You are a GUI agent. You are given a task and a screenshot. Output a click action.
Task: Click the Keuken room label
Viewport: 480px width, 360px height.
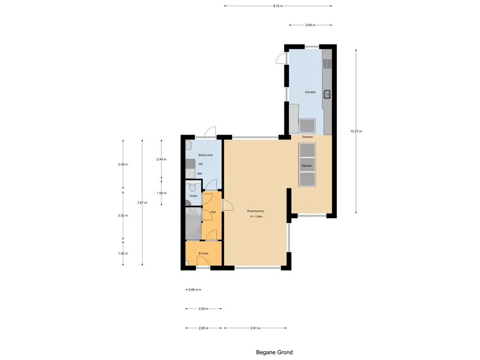(x=310, y=92)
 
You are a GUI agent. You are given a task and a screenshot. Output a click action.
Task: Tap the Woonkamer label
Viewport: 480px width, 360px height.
(x=255, y=211)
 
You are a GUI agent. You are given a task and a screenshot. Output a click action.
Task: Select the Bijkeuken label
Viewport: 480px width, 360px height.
(x=205, y=155)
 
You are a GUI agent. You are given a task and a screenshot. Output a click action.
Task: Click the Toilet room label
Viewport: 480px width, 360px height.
(x=193, y=196)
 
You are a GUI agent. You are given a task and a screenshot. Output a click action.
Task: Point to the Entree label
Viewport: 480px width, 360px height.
(x=203, y=254)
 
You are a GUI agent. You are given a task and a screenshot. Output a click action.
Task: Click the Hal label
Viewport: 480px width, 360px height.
(x=213, y=212)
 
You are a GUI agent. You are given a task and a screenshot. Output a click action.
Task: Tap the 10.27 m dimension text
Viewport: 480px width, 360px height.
(x=356, y=131)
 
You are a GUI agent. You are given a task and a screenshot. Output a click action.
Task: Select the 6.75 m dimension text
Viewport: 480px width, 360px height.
(x=278, y=6)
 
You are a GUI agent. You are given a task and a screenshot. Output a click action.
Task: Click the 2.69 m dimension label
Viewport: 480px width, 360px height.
(x=310, y=25)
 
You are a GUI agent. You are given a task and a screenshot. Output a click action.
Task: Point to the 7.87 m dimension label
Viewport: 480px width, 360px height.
(x=142, y=202)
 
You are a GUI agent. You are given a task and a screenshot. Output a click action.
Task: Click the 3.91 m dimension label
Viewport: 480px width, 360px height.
(x=255, y=328)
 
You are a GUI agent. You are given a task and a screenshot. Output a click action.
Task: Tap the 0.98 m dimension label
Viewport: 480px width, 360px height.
(x=193, y=290)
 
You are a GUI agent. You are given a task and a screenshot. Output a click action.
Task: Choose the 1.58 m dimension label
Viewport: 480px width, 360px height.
(x=161, y=193)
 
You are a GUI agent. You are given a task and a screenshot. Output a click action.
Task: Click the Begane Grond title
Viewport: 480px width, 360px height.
(x=274, y=352)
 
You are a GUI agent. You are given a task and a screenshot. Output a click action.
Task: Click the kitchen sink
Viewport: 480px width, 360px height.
(x=328, y=95)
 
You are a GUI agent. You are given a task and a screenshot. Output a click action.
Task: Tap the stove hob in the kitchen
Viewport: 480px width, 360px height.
(x=327, y=64)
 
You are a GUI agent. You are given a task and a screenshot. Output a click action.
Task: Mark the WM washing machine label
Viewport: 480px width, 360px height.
(x=199, y=174)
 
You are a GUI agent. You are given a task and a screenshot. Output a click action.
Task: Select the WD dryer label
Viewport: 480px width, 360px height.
(x=200, y=164)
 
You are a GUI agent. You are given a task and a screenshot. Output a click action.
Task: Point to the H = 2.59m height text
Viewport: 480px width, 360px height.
(x=256, y=217)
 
